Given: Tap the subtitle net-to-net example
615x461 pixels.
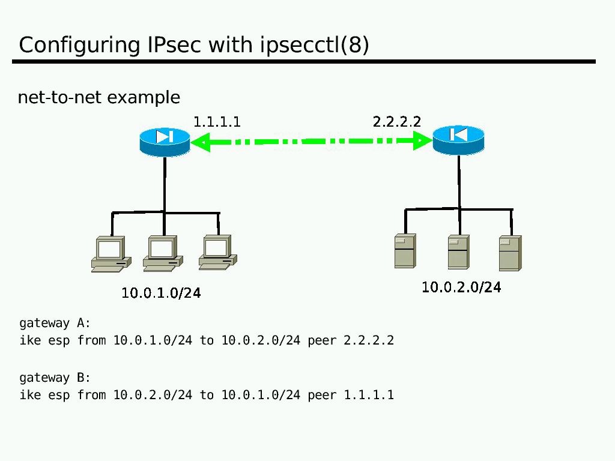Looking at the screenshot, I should pyautogui.click(x=99, y=97).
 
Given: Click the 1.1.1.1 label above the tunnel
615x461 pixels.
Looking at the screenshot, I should pyautogui.click(x=217, y=122).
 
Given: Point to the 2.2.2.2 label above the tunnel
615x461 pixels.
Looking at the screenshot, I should pyautogui.click(x=397, y=122).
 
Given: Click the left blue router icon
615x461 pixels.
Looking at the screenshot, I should pyautogui.click(x=165, y=140).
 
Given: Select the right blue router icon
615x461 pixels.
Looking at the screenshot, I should pyautogui.click(x=458, y=139).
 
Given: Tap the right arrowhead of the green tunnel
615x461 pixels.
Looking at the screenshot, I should pyautogui.click(x=422, y=142).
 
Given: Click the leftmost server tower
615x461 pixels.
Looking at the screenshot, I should pyautogui.click(x=405, y=251).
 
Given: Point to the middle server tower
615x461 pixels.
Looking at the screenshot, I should pyautogui.click(x=458, y=252).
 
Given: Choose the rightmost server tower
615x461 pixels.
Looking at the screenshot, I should pyautogui.click(x=510, y=253).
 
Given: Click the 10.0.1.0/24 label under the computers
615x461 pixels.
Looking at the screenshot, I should pyautogui.click(x=161, y=293).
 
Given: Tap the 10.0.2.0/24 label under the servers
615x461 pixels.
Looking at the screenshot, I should pyautogui.click(x=461, y=288).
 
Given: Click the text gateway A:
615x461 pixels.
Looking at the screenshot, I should pyautogui.click(x=55, y=324).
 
